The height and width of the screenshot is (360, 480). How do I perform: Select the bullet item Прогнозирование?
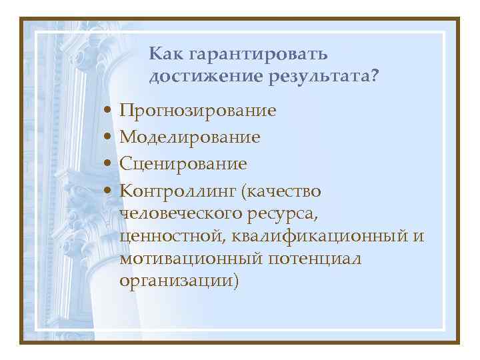point(197,110)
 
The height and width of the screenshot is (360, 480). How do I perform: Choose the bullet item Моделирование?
point(189,137)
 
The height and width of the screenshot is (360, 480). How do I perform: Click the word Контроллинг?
point(178,191)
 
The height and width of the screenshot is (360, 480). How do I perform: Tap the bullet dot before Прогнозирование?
point(107,110)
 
